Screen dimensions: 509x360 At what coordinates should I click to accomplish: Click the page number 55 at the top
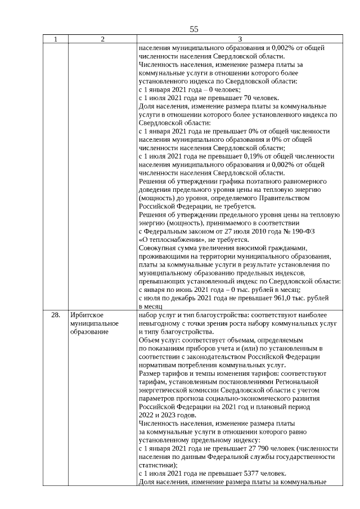(194, 29)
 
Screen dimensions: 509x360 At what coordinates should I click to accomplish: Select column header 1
(55, 39)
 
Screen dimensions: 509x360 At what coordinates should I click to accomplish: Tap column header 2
(102, 39)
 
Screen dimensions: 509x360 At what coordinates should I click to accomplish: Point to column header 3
(240, 39)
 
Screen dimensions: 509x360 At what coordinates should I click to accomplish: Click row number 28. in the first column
(55, 315)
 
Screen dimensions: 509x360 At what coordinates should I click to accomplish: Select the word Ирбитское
(86, 315)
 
